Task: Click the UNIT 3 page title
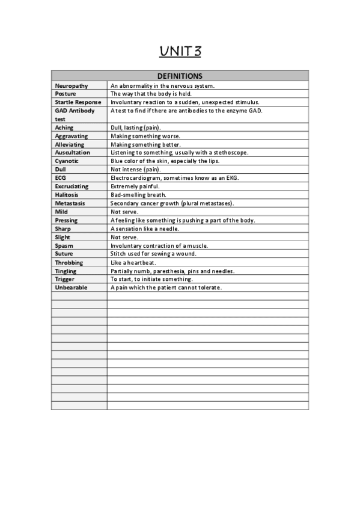click(x=180, y=52)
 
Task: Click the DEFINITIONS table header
click(x=180, y=76)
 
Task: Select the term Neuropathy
click(x=72, y=86)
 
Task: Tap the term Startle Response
click(x=78, y=102)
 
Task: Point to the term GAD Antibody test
click(x=75, y=115)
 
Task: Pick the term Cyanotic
click(x=67, y=161)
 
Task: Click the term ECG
click(x=60, y=178)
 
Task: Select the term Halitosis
click(x=67, y=195)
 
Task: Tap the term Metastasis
click(x=70, y=203)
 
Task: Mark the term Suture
click(x=64, y=254)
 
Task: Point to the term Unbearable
click(x=71, y=287)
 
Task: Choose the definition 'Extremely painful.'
click(x=135, y=186)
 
